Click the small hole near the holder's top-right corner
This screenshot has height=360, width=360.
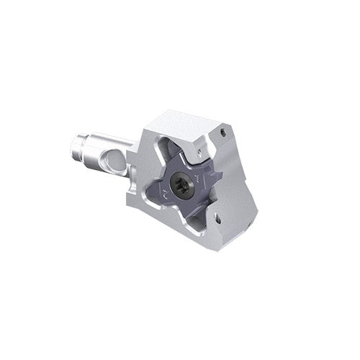tap(225, 132)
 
